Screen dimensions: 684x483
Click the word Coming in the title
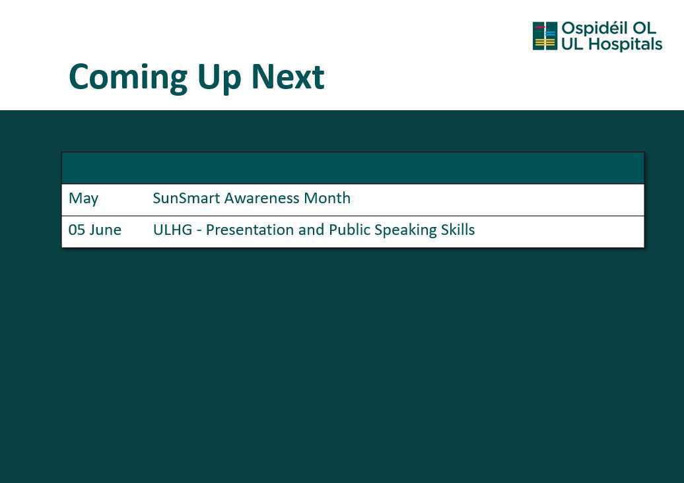pos(128,78)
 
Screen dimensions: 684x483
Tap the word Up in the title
pos(219,79)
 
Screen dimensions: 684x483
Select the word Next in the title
pos(287,77)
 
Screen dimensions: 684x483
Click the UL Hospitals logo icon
pos(545,36)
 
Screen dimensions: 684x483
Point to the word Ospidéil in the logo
pos(594,29)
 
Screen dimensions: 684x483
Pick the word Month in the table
pos(327,198)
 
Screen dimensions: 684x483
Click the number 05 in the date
pos(77,230)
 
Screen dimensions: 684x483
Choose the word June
pos(106,230)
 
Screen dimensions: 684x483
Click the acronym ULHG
pos(172,230)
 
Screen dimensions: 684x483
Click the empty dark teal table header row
pos(353,168)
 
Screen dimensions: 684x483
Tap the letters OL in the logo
pos(644,28)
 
